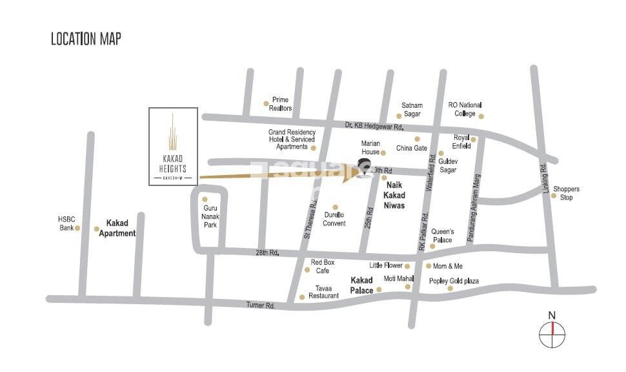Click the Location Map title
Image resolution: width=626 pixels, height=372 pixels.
pos(86,39)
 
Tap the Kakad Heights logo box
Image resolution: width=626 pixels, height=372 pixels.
pos(173,146)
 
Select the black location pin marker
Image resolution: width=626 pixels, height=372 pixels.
pos(364,167)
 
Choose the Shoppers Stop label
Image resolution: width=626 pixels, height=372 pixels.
pos(566,193)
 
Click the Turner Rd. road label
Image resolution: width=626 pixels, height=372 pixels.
pos(261,305)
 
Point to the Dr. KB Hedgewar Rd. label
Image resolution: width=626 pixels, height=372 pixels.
pos(374,127)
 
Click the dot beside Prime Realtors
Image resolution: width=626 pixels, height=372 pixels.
pos(266,103)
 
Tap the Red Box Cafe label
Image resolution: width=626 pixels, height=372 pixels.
pos(322,266)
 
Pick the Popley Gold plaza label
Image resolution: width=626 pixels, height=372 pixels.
pos(454,281)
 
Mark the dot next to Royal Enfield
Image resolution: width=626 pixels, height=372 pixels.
pos(473,139)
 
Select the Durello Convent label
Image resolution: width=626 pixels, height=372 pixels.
pos(334,219)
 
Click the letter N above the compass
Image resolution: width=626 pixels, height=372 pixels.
pos(552,315)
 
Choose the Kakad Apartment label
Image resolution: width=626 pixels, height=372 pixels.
pos(117,228)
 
